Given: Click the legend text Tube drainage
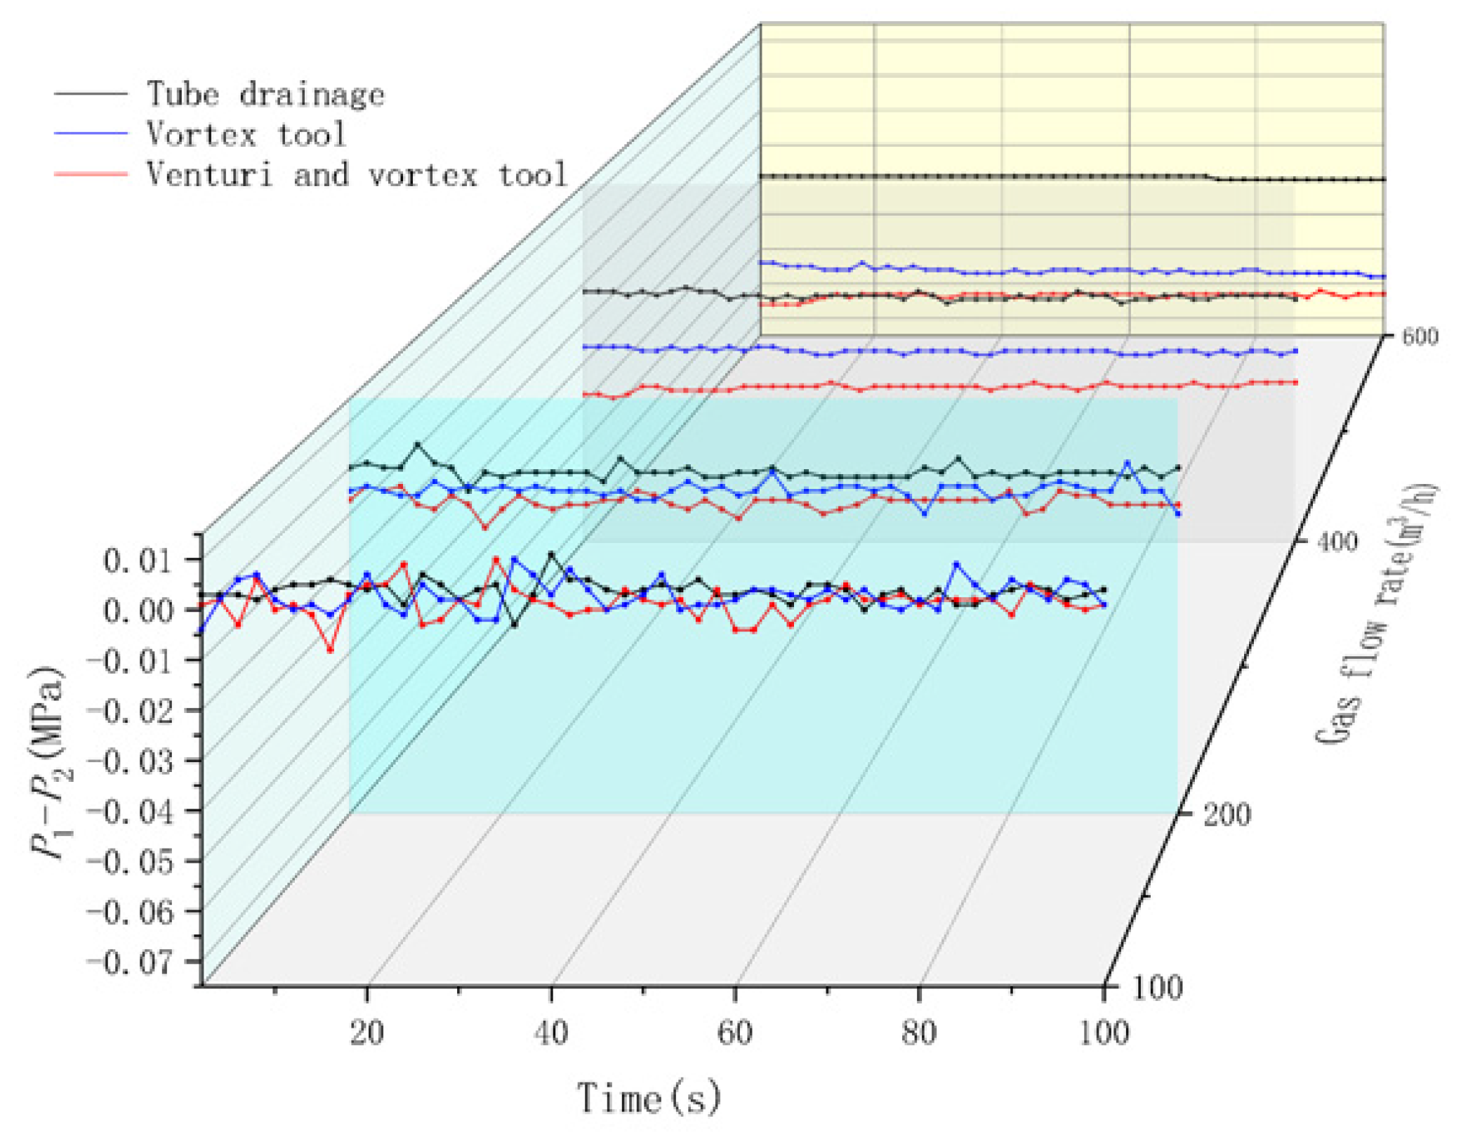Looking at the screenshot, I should click(x=265, y=94).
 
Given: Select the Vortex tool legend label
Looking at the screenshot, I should click(x=246, y=133).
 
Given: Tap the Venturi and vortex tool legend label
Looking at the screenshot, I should click(x=356, y=174).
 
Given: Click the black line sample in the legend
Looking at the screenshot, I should click(x=91, y=93).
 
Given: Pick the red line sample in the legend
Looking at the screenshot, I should click(x=91, y=174).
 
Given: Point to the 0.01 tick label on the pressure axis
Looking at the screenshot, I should click(x=138, y=561).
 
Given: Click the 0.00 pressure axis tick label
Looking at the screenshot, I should click(x=138, y=610).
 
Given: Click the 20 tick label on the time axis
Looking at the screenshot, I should click(x=366, y=1033).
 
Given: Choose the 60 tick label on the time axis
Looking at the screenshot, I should click(x=734, y=1033).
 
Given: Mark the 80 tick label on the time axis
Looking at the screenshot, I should click(x=918, y=1033).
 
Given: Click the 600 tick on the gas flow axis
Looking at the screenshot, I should click(x=1420, y=336).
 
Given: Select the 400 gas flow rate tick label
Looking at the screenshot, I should click(x=1337, y=542).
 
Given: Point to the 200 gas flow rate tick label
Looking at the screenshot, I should click(x=1227, y=815).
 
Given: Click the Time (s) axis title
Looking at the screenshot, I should click(x=648, y=1098).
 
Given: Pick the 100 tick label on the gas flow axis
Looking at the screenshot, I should click(x=1157, y=988).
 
